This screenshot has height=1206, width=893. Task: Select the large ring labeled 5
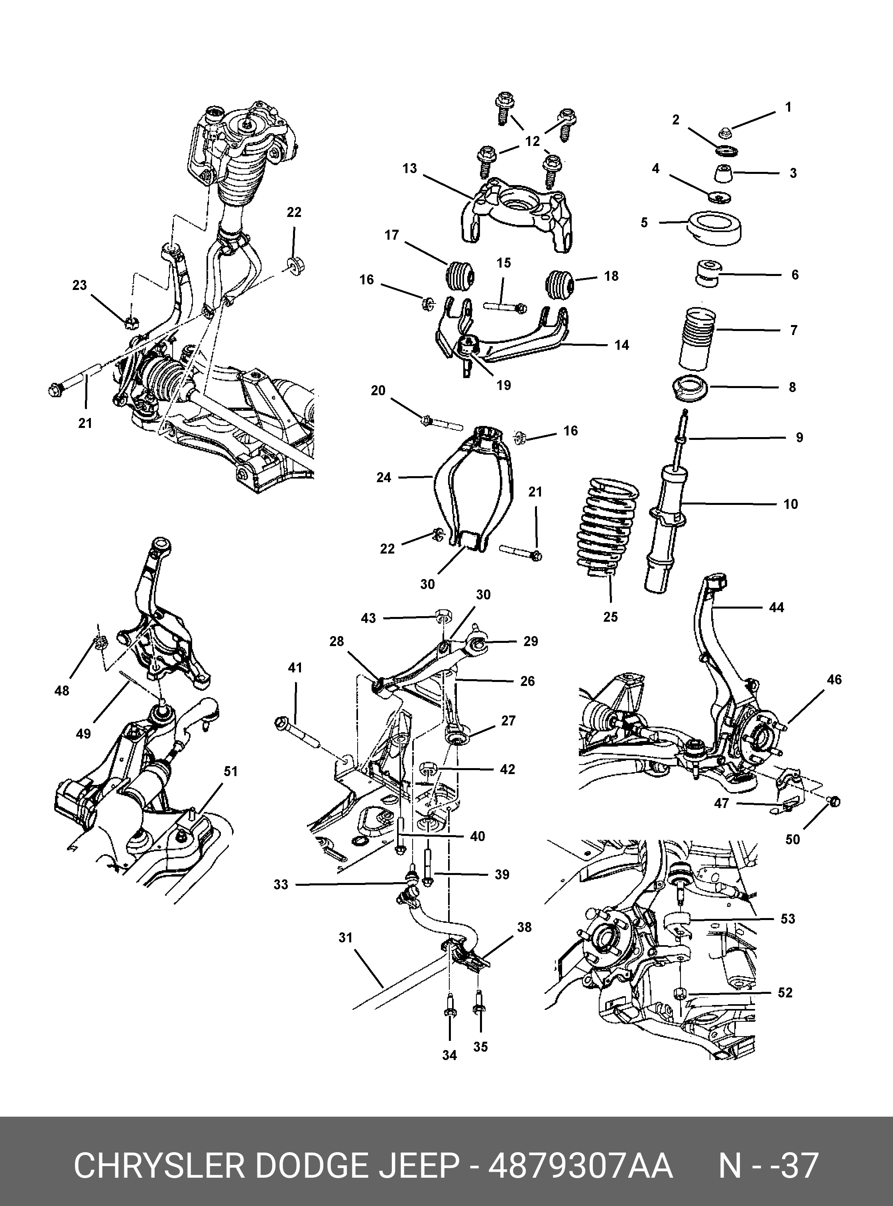pyautogui.click(x=715, y=229)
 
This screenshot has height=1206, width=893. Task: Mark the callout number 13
pyautogui.click(x=410, y=168)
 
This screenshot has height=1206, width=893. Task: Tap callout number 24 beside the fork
pyautogui.click(x=384, y=477)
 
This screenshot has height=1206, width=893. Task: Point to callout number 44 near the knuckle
pyautogui.click(x=776, y=607)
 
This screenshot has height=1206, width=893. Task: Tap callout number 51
pyautogui.click(x=231, y=771)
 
